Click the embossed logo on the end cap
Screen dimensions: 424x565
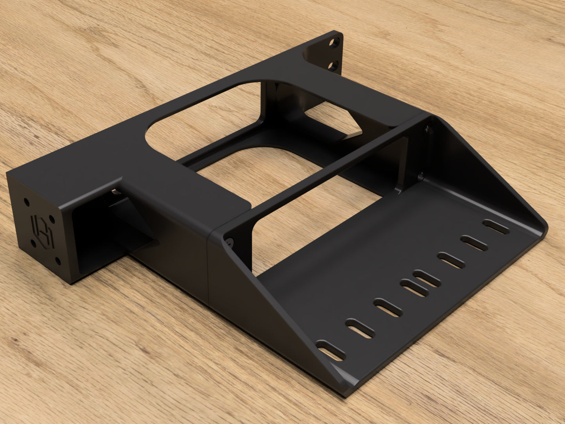[42, 231]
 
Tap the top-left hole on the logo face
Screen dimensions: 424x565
[26, 202]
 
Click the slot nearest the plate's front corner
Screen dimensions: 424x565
[331, 350]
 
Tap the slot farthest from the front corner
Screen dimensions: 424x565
[496, 227]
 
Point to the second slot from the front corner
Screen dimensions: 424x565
[360, 328]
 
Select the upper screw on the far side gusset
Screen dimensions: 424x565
[428, 128]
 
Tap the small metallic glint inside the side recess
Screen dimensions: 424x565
[114, 192]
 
